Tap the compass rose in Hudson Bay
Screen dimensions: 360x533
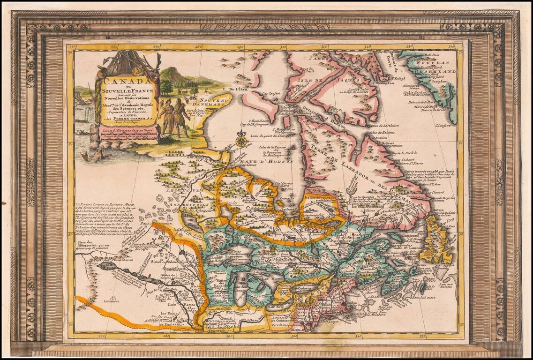coord(241,139)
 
